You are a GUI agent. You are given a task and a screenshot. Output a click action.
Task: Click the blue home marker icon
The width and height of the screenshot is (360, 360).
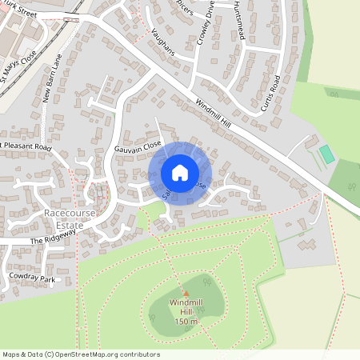click(180, 173)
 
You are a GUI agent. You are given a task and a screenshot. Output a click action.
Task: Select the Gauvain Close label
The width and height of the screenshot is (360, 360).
click(138, 147)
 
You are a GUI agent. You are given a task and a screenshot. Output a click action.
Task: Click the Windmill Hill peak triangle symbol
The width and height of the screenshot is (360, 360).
click(185, 294)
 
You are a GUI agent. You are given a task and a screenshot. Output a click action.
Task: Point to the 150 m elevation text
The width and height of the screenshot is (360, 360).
click(185, 321)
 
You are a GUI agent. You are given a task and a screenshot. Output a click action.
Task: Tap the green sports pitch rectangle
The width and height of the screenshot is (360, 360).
click(326, 154)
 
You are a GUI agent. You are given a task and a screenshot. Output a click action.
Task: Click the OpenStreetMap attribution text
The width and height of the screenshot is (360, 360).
click(81, 354)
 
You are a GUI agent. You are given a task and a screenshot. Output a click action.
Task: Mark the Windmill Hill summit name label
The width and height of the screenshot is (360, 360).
click(185, 307)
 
